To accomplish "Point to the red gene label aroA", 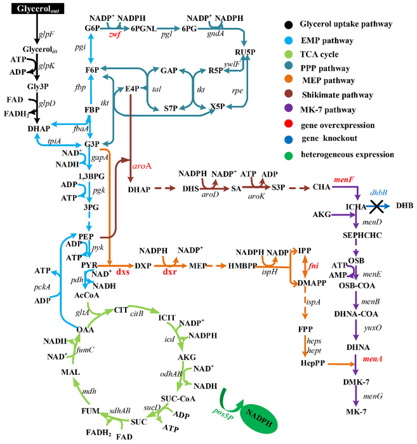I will pyautogui.click(x=142, y=163).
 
